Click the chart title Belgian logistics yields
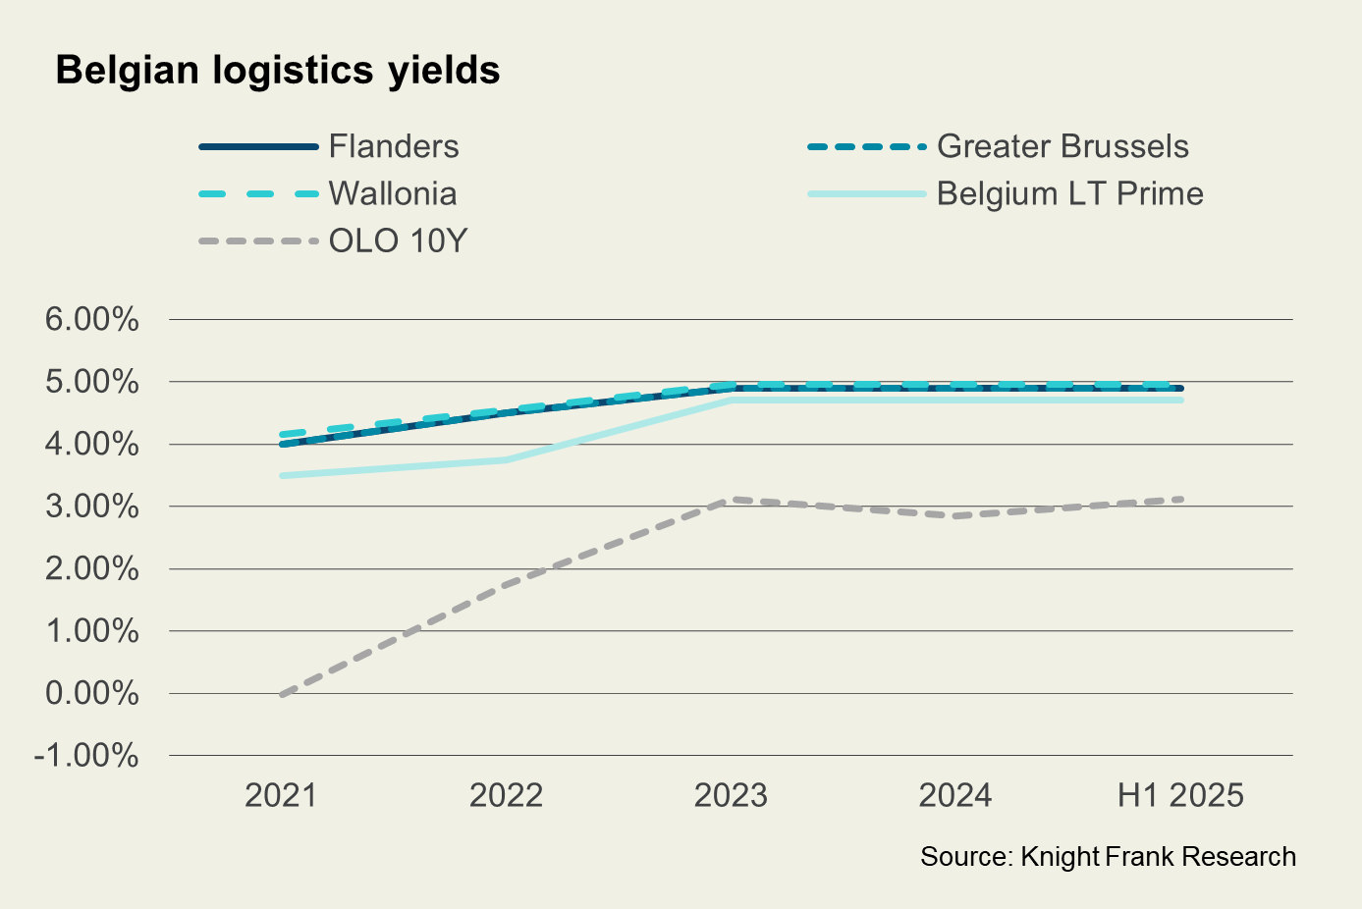pos(278,71)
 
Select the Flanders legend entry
pos(393,146)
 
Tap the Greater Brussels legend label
pos(1062,146)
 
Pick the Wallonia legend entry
pos(392,193)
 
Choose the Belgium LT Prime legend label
pos(1069,193)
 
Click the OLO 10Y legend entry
pos(397,241)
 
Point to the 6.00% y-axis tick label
pos(92,319)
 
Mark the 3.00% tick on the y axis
pos(92,507)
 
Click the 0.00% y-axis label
pos(92,693)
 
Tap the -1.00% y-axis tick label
pos(86,755)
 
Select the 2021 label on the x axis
pos(281,795)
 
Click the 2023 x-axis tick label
pos(731,795)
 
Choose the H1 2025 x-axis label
pos(1180,795)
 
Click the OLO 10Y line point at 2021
pos(282,694)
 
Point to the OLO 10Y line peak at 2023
pos(731,500)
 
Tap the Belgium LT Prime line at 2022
pos(506,459)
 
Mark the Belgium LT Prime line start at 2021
pos(282,475)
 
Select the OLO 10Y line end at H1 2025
pos(1180,500)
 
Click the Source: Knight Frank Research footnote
pos(1108,857)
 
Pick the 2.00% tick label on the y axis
pos(92,568)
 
